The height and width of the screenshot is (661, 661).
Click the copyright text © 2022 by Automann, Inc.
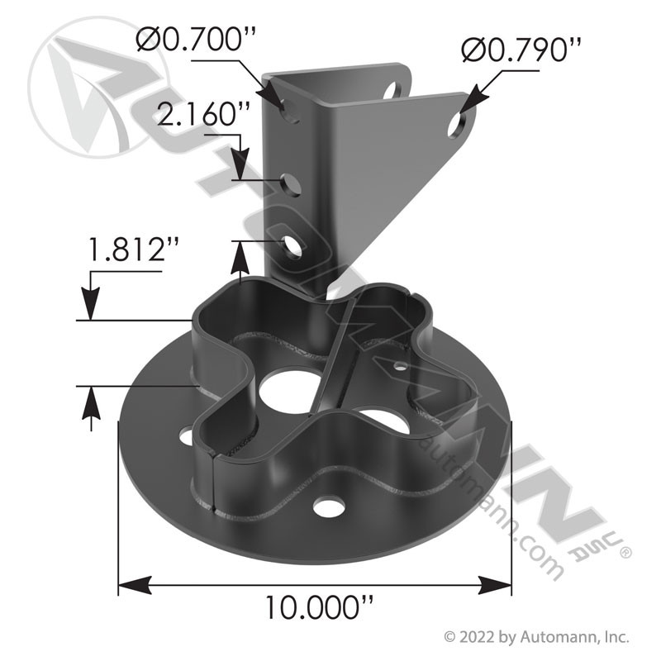(537, 637)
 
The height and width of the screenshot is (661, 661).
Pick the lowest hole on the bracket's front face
(292, 246)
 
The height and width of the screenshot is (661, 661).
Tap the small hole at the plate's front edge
(329, 506)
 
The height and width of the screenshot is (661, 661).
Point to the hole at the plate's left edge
(185, 434)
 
